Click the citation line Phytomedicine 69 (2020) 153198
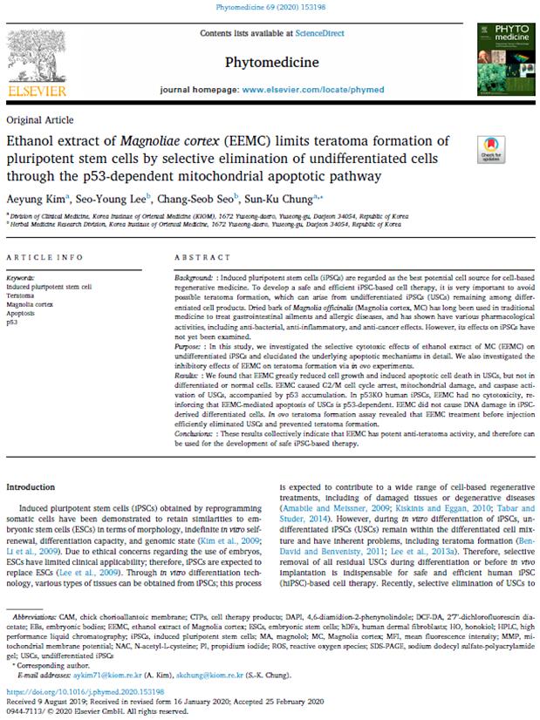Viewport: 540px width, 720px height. [270, 8]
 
